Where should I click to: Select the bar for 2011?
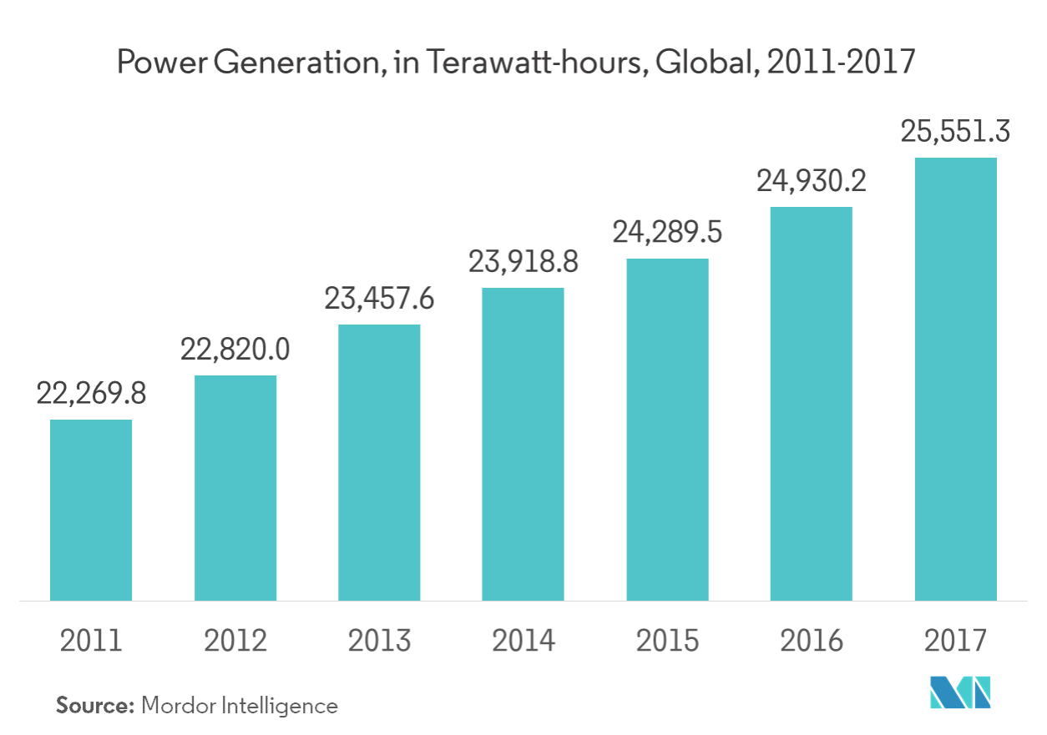pyautogui.click(x=91, y=509)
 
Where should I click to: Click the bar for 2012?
pyautogui.click(x=235, y=487)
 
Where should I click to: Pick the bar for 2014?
pyautogui.click(x=523, y=443)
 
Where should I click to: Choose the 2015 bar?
pyautogui.click(x=667, y=429)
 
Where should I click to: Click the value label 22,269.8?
pyautogui.click(x=91, y=394)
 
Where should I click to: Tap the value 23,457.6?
pyautogui.click(x=379, y=299)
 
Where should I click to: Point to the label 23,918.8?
pyautogui.click(x=523, y=263)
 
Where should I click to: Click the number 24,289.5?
pyautogui.click(x=667, y=233)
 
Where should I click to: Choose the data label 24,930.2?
pyautogui.click(x=811, y=181)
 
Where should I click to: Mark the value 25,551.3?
pyautogui.click(x=955, y=132)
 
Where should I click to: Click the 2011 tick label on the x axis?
pyautogui.click(x=91, y=641)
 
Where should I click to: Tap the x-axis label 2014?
pyautogui.click(x=523, y=641)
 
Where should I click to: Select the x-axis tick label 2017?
pyautogui.click(x=955, y=641)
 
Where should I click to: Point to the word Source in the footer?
pyautogui.click(x=94, y=706)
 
